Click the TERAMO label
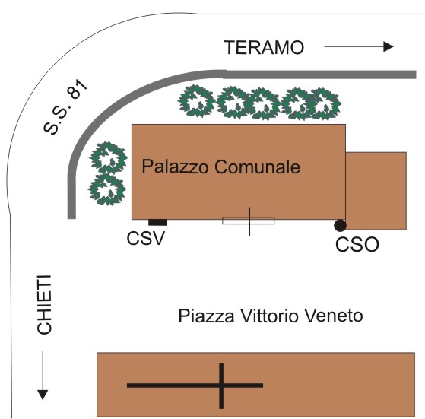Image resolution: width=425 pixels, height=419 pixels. point(265,47)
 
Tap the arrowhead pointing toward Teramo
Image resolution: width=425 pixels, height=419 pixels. point(389,46)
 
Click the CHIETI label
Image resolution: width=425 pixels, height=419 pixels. point(44,305)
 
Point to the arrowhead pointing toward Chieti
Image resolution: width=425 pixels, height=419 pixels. point(43,395)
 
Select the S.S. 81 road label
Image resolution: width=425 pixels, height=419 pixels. point(65,106)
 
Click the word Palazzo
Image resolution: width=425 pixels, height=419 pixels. point(175,167)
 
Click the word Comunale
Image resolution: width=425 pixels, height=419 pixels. point(258,167)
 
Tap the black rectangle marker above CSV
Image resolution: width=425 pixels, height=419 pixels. point(157,223)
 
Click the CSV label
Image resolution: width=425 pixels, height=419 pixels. point(146,238)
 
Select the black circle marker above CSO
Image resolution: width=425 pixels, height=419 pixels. point(340,226)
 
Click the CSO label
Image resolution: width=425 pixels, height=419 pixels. point(357,244)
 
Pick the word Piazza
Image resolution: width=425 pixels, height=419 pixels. point(207,316)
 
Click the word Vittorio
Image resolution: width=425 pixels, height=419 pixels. point(271,316)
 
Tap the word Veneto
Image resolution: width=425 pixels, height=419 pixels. point(335,316)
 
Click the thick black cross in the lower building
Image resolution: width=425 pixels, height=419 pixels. point(221,386)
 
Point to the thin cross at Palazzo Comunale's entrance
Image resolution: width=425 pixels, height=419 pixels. point(249,221)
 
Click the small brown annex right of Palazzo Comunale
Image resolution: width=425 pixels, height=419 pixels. point(376,191)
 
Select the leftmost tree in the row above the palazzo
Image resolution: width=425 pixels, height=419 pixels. point(196,101)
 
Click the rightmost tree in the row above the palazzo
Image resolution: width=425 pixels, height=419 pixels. point(324,104)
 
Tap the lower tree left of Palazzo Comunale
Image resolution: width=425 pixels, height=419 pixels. point(107,189)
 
